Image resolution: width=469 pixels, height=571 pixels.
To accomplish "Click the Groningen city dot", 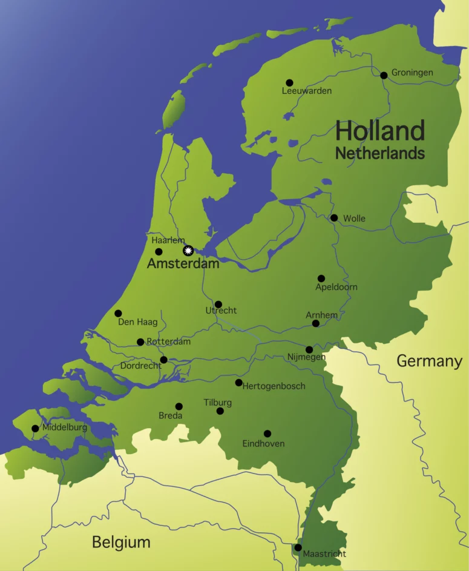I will click(x=384, y=75).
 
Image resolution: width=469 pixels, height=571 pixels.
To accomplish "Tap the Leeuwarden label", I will click(x=307, y=91).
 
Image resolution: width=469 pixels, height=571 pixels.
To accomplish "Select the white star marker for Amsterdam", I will click(x=188, y=250).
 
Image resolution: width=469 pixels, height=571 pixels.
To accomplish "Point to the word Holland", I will click(x=380, y=131).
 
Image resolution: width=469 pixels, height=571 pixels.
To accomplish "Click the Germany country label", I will click(x=429, y=361).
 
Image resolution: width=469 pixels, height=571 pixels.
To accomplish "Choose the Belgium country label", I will click(x=121, y=542).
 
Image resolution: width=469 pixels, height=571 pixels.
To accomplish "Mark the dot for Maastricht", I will click(x=298, y=547).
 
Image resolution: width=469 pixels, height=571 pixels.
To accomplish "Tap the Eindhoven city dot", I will click(x=267, y=434).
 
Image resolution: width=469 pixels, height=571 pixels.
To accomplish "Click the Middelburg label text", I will click(x=65, y=427).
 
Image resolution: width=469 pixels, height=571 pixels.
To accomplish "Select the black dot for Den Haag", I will click(x=118, y=314).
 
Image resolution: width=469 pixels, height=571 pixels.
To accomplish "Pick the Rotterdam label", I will click(x=169, y=342).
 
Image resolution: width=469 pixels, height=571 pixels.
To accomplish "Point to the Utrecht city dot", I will click(x=218, y=305).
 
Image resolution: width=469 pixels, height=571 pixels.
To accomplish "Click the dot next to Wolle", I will click(x=334, y=218).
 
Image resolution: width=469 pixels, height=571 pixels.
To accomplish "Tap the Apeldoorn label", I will click(x=336, y=287).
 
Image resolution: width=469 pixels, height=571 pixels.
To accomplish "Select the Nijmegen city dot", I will click(x=309, y=349).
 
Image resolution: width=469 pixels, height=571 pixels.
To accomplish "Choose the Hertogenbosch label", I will click(x=274, y=386).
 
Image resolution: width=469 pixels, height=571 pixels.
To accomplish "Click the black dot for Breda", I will click(x=179, y=406).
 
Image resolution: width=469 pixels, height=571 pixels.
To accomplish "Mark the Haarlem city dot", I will click(x=159, y=251).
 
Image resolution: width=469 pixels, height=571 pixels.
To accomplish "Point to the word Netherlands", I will click(x=380, y=154).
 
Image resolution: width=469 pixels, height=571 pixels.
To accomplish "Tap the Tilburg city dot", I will click(x=220, y=411).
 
